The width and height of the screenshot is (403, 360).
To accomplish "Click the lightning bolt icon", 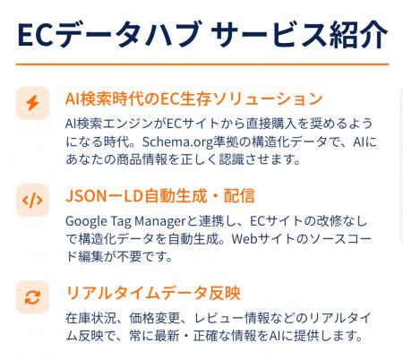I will coord(32,103).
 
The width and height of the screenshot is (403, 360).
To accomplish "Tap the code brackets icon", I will coord(32,200).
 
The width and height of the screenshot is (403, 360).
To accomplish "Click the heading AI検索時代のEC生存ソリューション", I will coord(193,98).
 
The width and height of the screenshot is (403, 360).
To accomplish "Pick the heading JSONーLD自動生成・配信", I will coord(160,195).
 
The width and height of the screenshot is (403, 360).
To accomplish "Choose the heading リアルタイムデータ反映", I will coord(152,293).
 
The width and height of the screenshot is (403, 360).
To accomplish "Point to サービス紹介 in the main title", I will coord(297,35).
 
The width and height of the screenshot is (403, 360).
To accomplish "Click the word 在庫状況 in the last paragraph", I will coord(87,318).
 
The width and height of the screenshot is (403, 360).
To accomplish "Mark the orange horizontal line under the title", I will coord(201,64).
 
